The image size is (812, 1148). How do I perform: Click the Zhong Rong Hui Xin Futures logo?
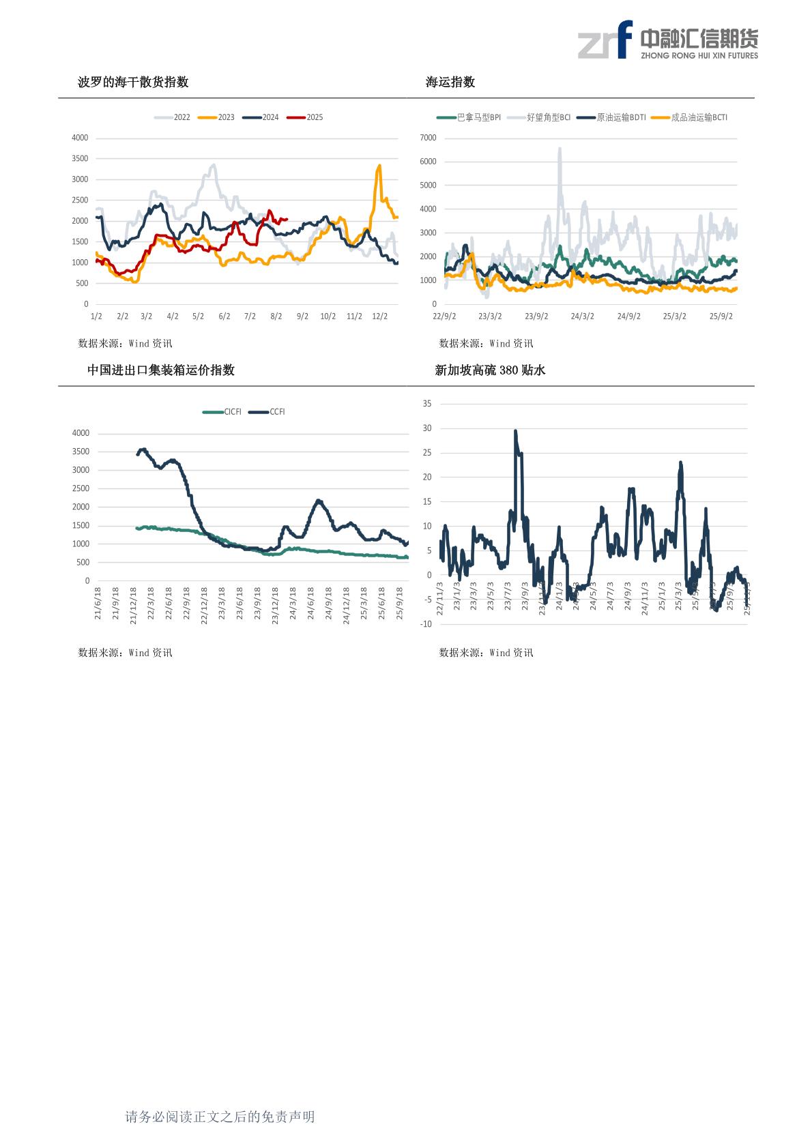[667, 40]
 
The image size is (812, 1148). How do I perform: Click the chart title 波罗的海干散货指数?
[133, 83]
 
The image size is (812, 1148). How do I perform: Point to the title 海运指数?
[450, 83]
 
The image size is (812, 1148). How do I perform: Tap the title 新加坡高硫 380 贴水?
[490, 370]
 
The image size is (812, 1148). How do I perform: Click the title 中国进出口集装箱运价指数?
[161, 370]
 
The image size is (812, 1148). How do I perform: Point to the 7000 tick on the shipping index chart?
[428, 138]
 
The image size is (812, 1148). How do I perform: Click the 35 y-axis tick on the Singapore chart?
[427, 404]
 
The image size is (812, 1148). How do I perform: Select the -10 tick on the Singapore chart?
[426, 624]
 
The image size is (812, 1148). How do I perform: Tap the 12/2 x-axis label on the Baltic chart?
[379, 317]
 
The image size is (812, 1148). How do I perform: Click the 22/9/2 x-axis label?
[444, 317]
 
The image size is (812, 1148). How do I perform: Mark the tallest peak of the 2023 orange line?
[379, 165]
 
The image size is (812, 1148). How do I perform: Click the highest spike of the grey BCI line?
[560, 148]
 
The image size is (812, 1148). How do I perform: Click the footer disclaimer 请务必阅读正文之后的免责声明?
[220, 1117]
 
